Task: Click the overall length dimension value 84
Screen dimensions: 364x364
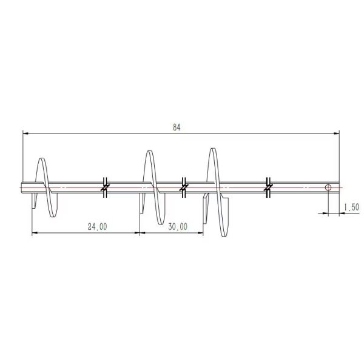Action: point(177,127)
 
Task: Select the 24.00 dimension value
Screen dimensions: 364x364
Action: point(97,226)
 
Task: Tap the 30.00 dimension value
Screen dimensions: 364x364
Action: point(177,226)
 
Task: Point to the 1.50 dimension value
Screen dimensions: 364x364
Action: point(351,207)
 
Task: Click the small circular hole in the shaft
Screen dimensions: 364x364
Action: point(328,187)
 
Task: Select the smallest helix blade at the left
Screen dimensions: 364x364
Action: point(46,187)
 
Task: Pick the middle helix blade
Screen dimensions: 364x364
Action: point(152,188)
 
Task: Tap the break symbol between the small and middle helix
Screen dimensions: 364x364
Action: point(104,187)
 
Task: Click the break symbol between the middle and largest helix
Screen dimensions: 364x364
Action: point(183,187)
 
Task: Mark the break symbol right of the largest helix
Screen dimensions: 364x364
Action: point(268,187)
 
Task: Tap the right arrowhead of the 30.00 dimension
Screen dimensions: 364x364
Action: point(201,232)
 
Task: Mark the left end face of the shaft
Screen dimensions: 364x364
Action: point(22,187)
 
